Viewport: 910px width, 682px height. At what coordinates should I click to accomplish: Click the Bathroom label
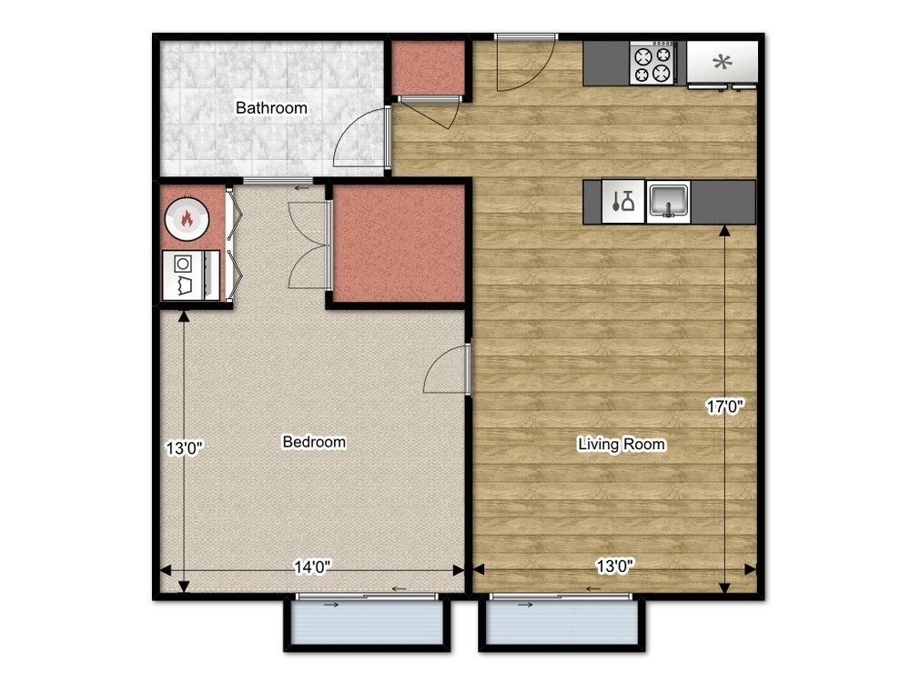(271, 108)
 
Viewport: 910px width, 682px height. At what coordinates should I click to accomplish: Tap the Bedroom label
(314, 442)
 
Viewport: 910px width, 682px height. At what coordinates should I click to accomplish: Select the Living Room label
(622, 445)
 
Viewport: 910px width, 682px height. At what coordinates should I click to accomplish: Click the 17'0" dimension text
(725, 406)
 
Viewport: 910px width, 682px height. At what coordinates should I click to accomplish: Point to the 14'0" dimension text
(312, 567)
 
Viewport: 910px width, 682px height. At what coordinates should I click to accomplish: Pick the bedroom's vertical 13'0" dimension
(185, 448)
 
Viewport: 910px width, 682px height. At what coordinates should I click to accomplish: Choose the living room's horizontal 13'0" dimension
(615, 566)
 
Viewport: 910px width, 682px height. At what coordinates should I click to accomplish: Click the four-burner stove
(652, 64)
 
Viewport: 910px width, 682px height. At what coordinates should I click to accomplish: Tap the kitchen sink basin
(669, 201)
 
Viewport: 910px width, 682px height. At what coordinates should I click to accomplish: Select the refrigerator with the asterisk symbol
(723, 62)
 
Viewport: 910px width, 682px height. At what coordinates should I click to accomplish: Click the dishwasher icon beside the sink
(623, 201)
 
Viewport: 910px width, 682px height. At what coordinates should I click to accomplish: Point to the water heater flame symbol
(187, 218)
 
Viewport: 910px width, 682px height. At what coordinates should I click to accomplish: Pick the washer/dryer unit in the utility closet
(191, 276)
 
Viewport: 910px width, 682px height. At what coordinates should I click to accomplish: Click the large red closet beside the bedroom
(399, 244)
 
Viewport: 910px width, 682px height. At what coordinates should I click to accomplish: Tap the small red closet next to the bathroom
(429, 67)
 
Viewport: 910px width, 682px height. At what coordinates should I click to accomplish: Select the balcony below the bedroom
(367, 622)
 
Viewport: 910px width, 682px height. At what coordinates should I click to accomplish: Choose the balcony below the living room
(561, 622)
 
